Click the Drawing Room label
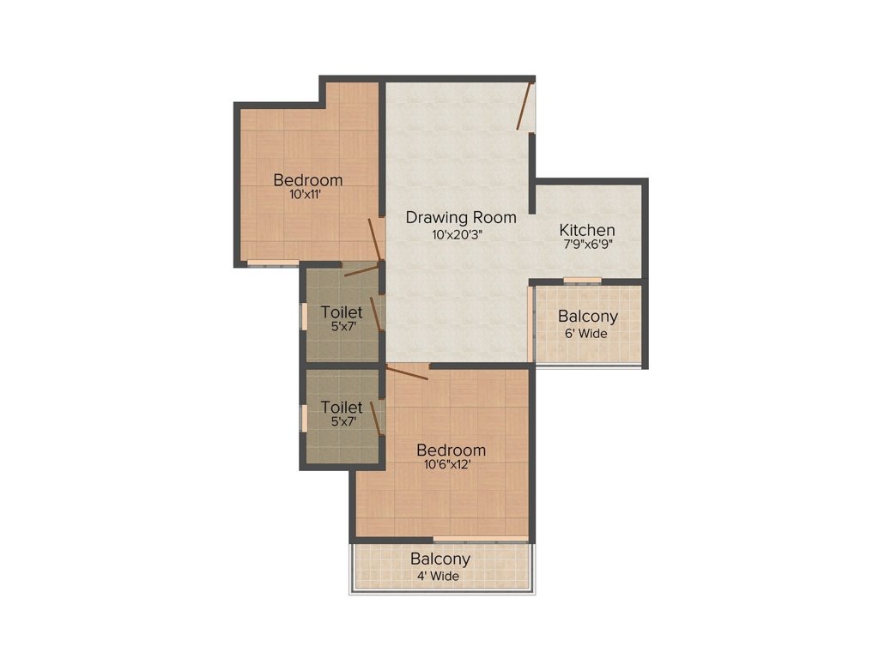point(461,218)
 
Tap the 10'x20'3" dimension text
point(458,235)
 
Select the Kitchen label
point(587,230)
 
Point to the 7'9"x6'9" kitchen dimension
point(587,245)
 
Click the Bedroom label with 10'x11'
point(308,180)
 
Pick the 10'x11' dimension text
point(306,195)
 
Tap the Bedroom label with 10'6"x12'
point(451,450)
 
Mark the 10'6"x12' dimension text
point(447,464)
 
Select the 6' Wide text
point(585,334)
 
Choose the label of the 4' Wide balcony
point(440,559)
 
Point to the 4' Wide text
point(438,576)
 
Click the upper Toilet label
point(342,312)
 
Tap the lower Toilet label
point(342,407)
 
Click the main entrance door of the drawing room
point(524,106)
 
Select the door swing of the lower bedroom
point(408,372)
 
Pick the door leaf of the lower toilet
point(377,419)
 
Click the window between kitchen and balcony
point(582,281)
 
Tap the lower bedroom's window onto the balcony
point(481,539)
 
